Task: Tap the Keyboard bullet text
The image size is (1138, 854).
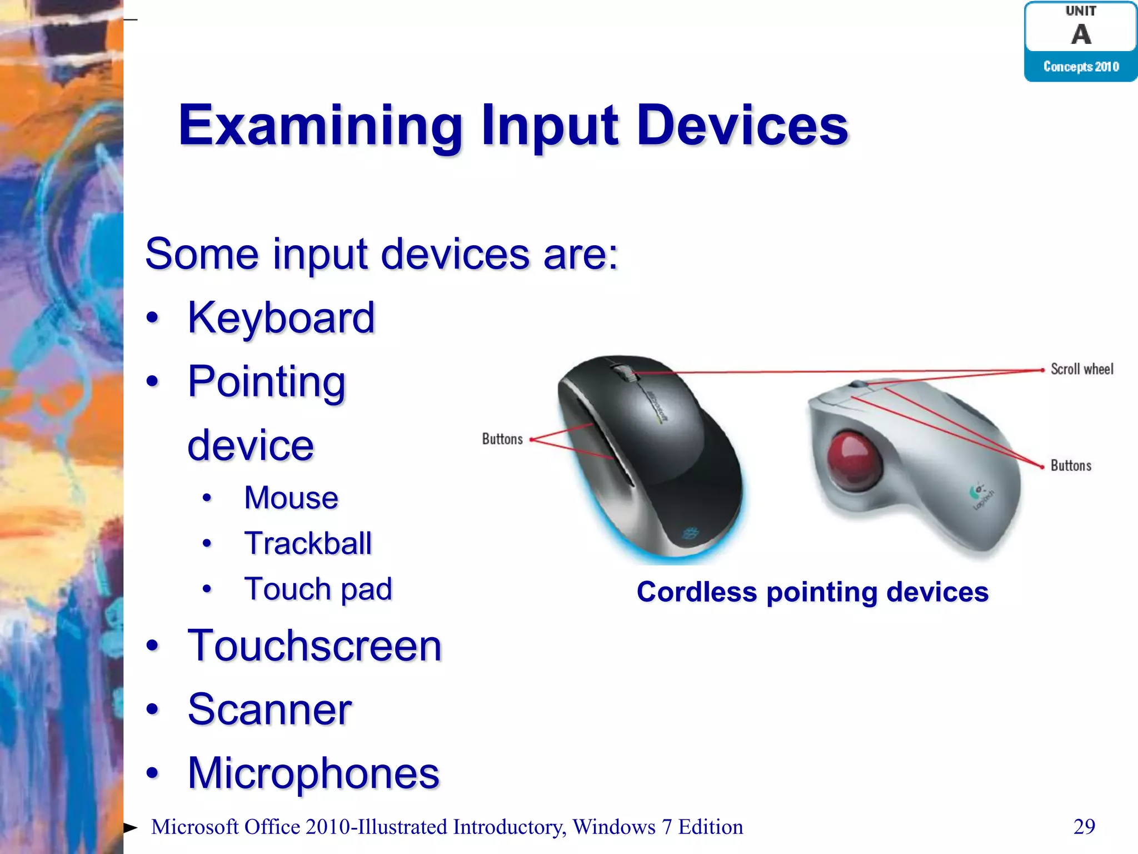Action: pos(281,317)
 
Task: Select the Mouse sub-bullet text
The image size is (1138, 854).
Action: pos(291,498)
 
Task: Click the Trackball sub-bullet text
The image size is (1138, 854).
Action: pos(308,543)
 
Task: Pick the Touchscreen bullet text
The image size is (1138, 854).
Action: pos(315,646)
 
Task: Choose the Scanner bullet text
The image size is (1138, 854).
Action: pos(269,710)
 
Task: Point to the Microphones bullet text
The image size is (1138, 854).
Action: pos(313,773)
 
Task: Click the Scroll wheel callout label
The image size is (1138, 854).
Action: pos(1081,369)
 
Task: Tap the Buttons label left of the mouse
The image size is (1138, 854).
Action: pos(502,439)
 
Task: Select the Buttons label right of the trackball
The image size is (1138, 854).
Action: pos(1071,466)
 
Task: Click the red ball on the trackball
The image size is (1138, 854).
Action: pos(853,460)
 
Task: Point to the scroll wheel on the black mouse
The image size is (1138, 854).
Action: pos(627,373)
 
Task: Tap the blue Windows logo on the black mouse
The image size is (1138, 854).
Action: pos(690,534)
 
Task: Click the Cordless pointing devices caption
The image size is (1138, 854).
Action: pos(812,592)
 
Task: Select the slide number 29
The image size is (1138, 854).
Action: pos(1084,827)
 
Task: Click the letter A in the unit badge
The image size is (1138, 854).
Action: pos(1081,34)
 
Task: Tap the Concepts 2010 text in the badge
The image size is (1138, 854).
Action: pos(1081,67)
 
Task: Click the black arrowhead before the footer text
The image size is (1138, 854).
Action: pos(130,828)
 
